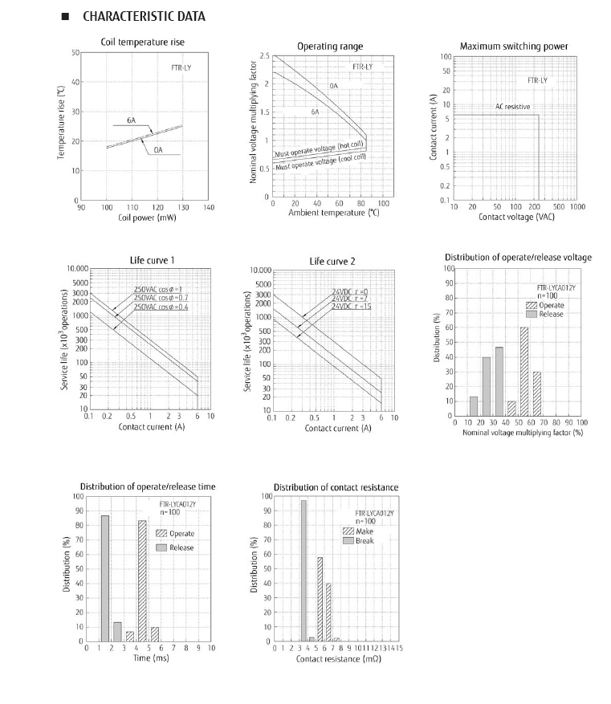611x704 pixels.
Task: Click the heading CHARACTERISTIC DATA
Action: pos(144,16)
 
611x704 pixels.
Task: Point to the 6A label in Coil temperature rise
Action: pos(131,120)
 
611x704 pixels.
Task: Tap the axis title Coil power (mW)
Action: pos(147,218)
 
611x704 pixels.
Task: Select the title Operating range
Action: pos(330,47)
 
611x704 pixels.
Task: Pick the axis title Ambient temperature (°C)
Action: pos(329,214)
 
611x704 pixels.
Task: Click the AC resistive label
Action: pos(512,107)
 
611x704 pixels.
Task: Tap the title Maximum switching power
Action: pos(514,47)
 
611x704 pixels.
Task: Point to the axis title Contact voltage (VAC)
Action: pos(516,217)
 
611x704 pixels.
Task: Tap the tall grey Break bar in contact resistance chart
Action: pos(303,571)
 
